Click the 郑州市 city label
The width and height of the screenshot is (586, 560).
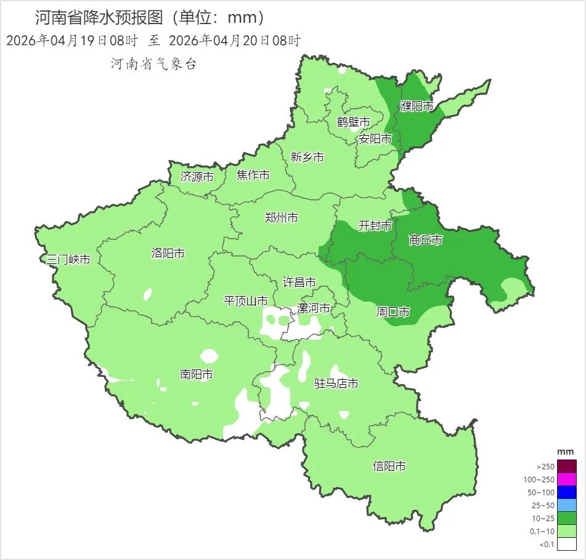pos(281,218)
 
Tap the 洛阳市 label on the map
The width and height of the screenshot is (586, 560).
pos(168,253)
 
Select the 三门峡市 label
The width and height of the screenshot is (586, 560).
pos(68,260)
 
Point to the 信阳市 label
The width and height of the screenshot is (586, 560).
pos(389,466)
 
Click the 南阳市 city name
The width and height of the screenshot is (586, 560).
pos(197,374)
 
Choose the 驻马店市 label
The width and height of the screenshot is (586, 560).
pos(336,384)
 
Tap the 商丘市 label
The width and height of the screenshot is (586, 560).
pos(425,240)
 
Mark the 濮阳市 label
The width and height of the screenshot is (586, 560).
pos(417,106)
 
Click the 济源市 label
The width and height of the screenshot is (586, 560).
pos(197,176)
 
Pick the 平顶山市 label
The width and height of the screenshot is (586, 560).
pos(245,301)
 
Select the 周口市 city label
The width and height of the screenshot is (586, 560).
pos(393,312)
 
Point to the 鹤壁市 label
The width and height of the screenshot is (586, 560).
pos(353,122)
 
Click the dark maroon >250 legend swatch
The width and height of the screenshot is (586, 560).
pos(568,466)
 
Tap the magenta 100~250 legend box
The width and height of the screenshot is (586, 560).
pos(568,479)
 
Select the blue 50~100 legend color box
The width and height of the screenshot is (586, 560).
pos(568,492)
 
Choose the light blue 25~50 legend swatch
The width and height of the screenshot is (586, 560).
pos(568,505)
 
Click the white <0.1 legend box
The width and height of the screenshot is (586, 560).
pos(568,544)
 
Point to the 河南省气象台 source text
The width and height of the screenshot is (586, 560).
pos(153,64)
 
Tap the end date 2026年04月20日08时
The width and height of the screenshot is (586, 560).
pos(234,41)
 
